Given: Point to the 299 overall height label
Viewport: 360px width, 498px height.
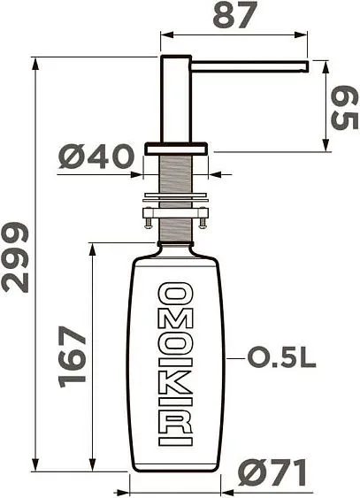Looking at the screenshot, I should [x=15, y=257].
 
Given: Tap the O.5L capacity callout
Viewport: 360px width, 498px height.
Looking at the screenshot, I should [x=281, y=357].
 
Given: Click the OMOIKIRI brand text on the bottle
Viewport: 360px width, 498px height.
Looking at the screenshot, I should [x=174, y=364].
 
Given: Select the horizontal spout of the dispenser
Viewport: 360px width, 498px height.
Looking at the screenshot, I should [x=249, y=65].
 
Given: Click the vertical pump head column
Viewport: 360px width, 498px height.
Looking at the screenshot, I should [x=174, y=97].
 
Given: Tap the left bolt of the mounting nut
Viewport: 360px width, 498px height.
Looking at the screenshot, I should [x=149, y=215].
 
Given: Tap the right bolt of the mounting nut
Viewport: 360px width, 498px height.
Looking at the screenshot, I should [x=203, y=215].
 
